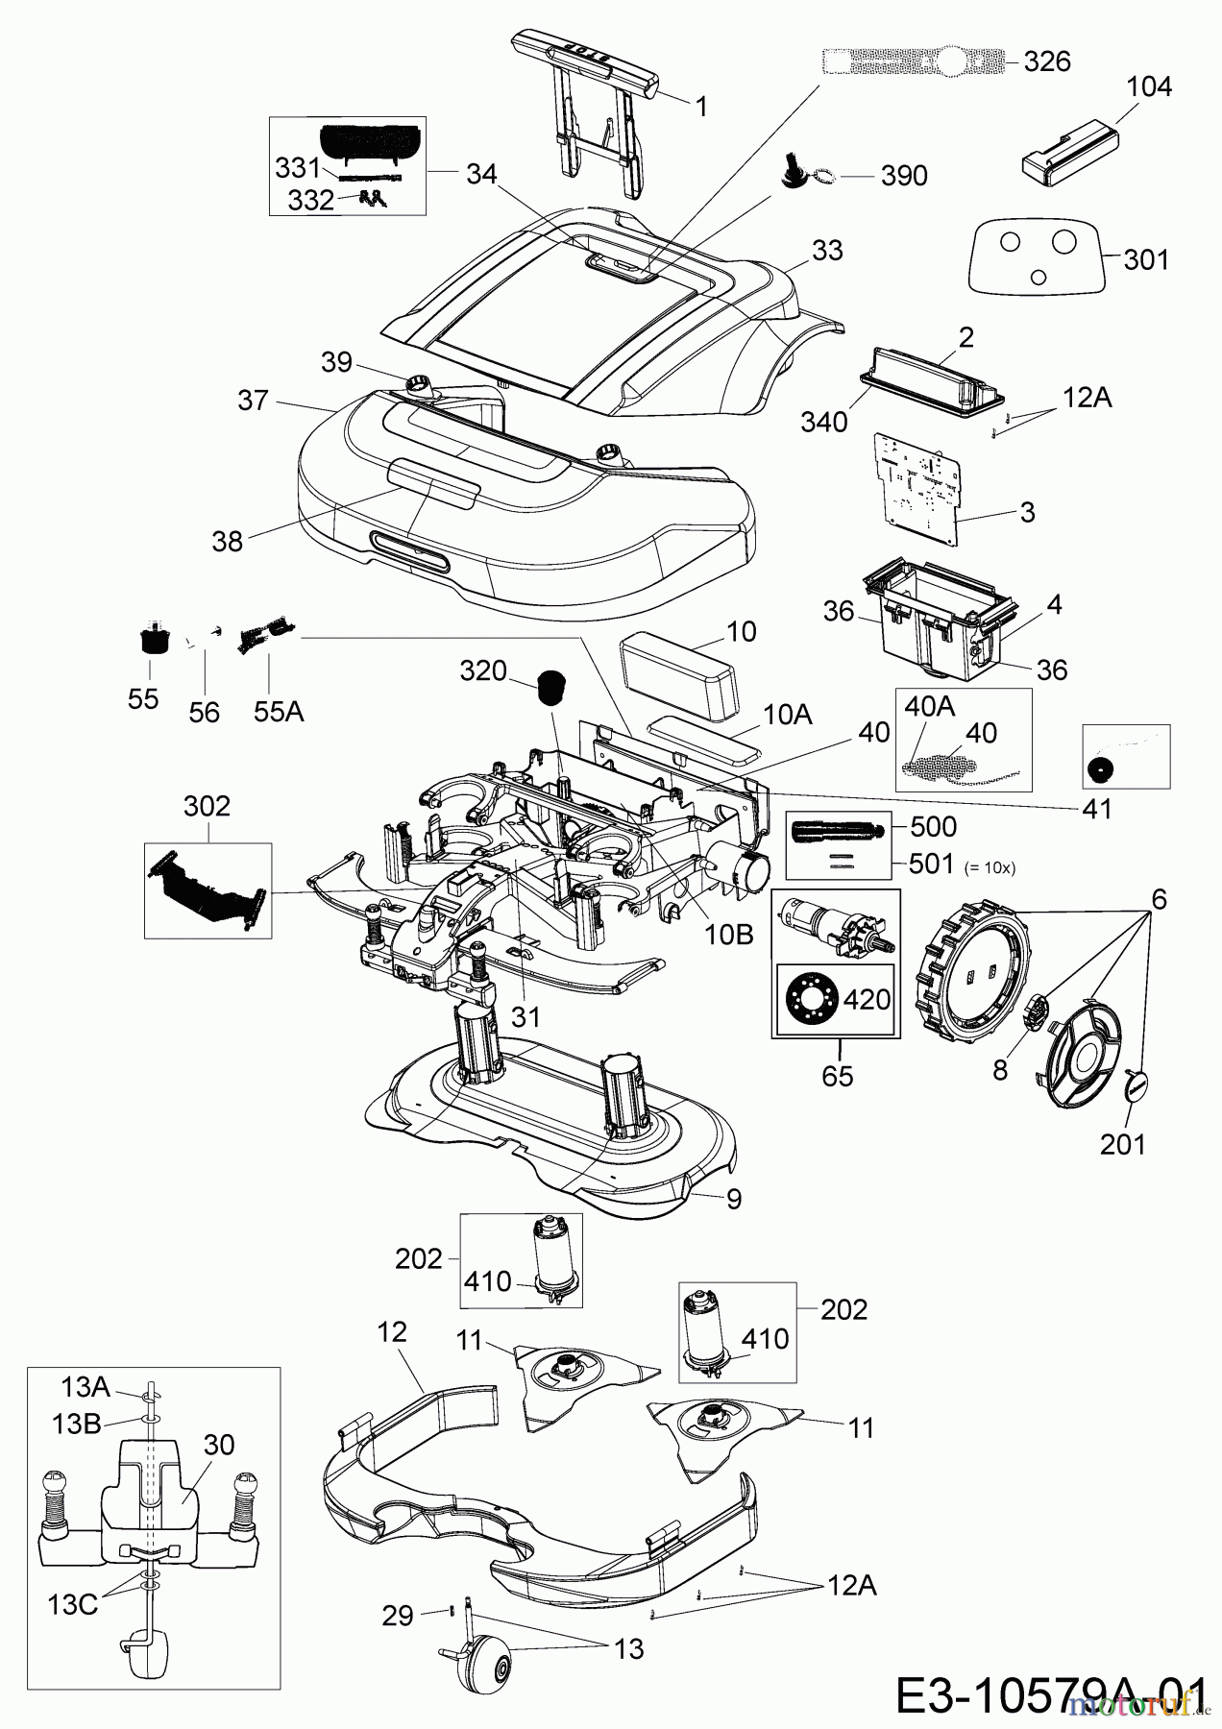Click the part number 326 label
pos(1046,61)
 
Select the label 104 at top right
pos(1149,86)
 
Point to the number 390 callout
pos(904,176)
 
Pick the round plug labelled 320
pos(550,687)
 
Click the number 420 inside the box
pos(867,999)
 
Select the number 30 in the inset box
pos(219,1445)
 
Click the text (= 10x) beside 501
pos(989,866)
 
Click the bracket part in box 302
pos(207,889)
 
